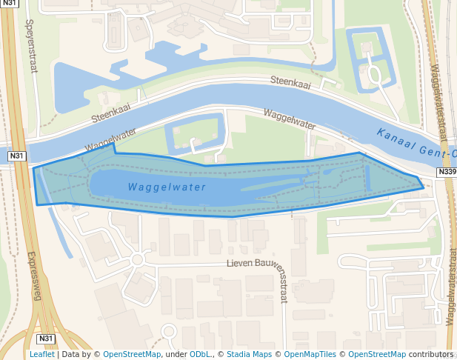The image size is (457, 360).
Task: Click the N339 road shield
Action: (446, 172)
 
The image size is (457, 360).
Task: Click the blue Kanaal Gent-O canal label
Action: (415, 144)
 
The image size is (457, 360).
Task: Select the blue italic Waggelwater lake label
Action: (166, 187)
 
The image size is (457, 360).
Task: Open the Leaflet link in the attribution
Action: (42, 354)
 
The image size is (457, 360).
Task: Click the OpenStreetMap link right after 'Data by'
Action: (131, 354)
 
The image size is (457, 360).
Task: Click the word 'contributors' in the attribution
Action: (431, 354)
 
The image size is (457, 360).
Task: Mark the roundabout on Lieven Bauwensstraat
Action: (136, 259)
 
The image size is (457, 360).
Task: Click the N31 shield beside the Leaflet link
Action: (46, 339)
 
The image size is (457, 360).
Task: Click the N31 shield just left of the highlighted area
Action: (16, 156)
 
